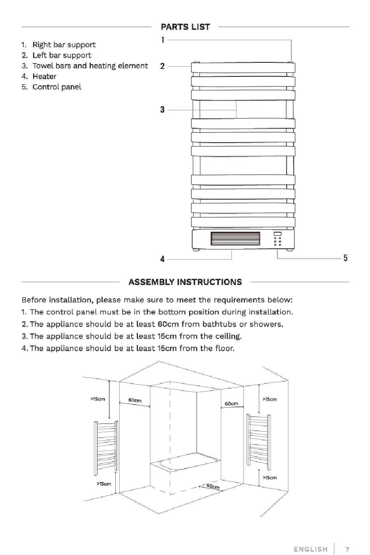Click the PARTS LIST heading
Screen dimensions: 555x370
click(185, 27)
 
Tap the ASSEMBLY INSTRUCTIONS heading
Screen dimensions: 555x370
click(185, 282)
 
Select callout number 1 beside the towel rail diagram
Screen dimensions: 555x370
click(162, 39)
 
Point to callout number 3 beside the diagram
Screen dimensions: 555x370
click(162, 110)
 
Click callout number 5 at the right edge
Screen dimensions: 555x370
click(345, 258)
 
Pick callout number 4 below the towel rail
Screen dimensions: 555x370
click(162, 259)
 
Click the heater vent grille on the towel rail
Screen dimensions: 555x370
click(235, 239)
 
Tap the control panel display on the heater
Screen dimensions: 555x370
click(277, 234)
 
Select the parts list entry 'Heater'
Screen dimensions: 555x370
click(44, 76)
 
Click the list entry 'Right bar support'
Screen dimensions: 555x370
click(63, 45)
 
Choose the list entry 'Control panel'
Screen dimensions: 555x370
click(56, 87)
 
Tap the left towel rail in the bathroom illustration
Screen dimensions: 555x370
click(106, 448)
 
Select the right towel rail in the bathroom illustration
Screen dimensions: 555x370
click(257, 438)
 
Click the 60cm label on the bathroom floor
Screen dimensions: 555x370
click(213, 486)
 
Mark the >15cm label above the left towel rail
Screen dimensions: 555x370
click(98, 399)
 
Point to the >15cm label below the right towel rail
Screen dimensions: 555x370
click(270, 477)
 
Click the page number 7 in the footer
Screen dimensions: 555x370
click(347, 549)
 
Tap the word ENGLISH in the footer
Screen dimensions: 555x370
click(310, 549)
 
